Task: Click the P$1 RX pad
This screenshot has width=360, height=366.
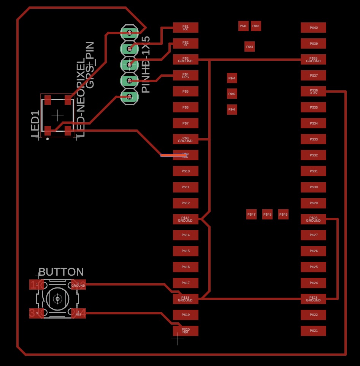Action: pyautogui.click(x=186, y=27)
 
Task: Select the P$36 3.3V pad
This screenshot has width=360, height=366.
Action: pyautogui.click(x=313, y=91)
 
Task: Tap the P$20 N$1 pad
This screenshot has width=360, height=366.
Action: pyautogui.click(x=186, y=331)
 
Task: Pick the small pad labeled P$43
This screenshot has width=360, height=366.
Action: pyautogui.click(x=249, y=47)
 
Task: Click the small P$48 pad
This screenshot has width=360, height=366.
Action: pyautogui.click(x=267, y=215)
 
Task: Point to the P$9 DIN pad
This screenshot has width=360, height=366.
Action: pyautogui.click(x=186, y=155)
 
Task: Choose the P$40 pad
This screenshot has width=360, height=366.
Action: pyautogui.click(x=313, y=27)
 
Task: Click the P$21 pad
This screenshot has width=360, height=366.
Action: pyautogui.click(x=313, y=331)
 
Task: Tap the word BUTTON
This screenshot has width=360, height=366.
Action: pyautogui.click(x=61, y=272)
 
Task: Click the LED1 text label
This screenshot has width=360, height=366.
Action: pyautogui.click(x=35, y=124)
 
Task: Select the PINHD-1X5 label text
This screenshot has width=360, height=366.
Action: pyautogui.click(x=146, y=65)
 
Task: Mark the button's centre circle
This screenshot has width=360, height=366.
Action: pyautogui.click(x=57, y=299)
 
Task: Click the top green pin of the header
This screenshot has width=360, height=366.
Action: pyautogui.click(x=129, y=33)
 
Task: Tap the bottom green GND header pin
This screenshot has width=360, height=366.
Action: pyautogui.click(x=129, y=96)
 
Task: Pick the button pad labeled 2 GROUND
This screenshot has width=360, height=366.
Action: pyautogui.click(x=79, y=284)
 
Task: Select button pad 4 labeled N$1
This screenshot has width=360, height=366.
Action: pyautogui.click(x=79, y=313)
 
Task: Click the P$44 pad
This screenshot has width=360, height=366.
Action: pyautogui.click(x=232, y=78)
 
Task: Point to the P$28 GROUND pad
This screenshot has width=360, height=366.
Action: pyautogui.click(x=313, y=219)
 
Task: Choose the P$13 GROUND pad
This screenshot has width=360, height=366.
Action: pyautogui.click(x=186, y=219)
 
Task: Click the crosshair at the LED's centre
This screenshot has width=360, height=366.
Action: pyautogui.click(x=57, y=114)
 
